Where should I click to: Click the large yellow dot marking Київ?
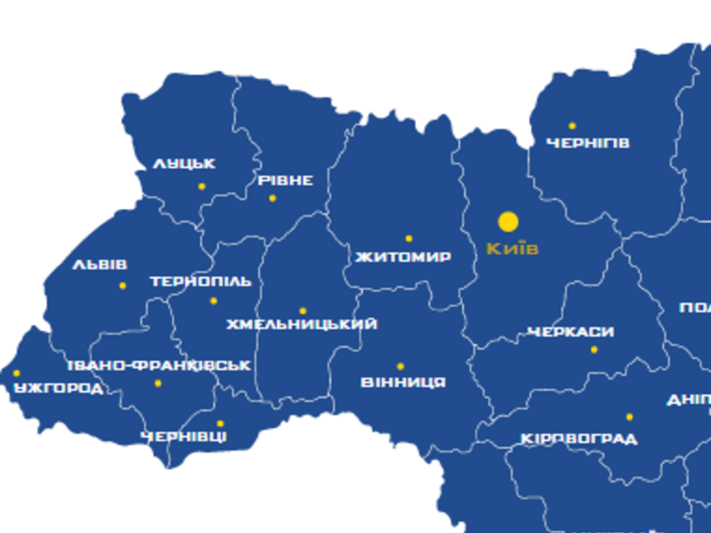coord(508,222)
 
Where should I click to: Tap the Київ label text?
coord(512,249)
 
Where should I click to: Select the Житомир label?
coord(403,256)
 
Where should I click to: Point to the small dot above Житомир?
coord(409,238)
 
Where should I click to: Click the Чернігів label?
coord(588,143)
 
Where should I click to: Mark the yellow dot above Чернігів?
coord(572,126)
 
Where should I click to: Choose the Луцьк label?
coord(184,163)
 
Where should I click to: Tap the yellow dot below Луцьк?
coord(202,186)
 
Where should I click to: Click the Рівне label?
coord(285,180)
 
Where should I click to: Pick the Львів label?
coord(100,265)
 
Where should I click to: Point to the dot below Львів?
coord(123,285)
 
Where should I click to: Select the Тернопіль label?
coord(201,282)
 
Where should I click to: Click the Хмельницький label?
coord(302,324)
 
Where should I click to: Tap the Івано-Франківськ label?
coord(159,366)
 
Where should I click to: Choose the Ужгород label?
coord(59,388)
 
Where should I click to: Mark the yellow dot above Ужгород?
coord(16,373)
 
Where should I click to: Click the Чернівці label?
coord(184,437)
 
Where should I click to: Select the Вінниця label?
coord(403,382)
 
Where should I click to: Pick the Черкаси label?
coord(570,332)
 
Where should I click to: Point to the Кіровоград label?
coord(579,439)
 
